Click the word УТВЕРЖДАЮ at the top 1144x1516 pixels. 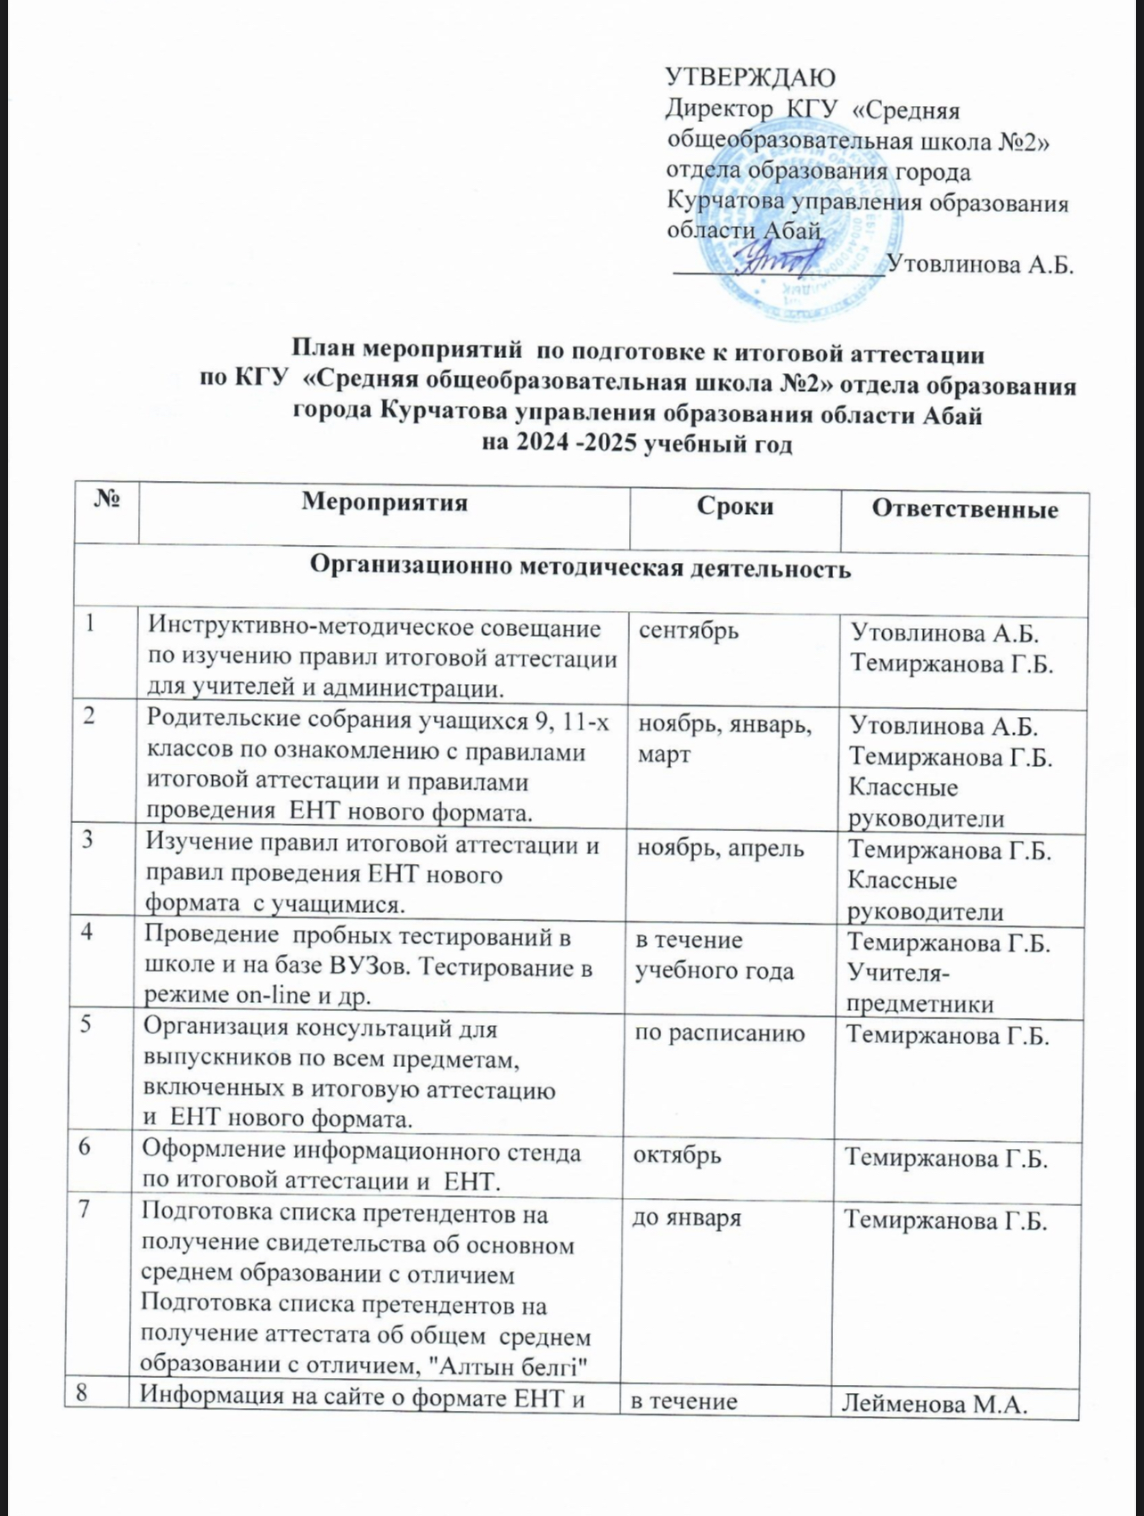coord(750,77)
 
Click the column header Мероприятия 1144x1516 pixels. coord(384,503)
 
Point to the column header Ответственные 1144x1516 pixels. coord(965,509)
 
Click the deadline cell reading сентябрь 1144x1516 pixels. coord(689,631)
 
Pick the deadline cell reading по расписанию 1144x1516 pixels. coord(718,1033)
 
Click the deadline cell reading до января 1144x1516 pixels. coord(686,1218)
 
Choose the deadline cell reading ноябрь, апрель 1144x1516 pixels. coord(720,848)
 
